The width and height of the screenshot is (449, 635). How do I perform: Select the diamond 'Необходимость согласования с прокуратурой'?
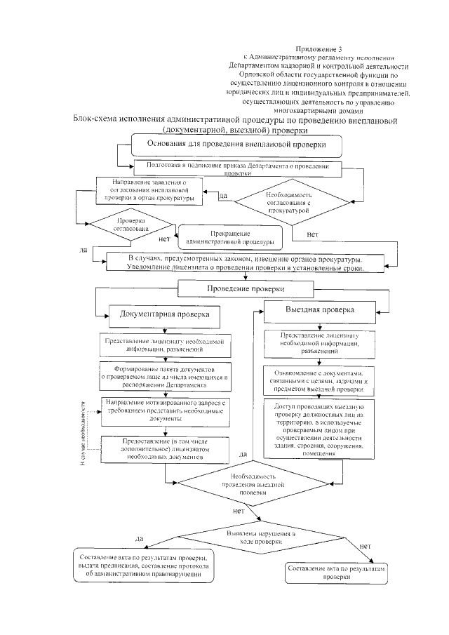(290, 201)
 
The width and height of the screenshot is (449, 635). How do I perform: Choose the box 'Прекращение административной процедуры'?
(229, 237)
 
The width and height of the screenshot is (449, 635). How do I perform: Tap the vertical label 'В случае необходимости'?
(81, 431)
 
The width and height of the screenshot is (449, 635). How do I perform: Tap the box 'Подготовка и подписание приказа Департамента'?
(236, 168)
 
